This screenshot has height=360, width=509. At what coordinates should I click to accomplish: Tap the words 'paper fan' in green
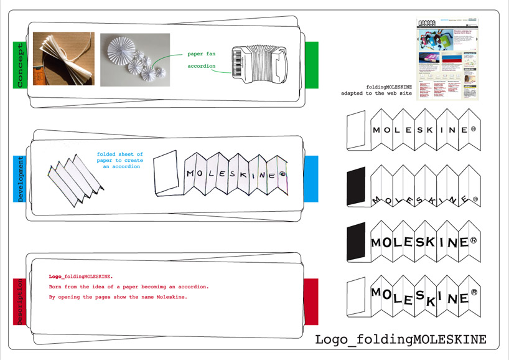click(x=201, y=54)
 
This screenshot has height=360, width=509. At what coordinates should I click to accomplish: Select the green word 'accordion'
click(x=202, y=66)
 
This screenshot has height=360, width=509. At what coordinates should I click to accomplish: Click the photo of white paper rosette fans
click(x=135, y=59)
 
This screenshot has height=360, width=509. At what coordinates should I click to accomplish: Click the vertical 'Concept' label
click(x=19, y=64)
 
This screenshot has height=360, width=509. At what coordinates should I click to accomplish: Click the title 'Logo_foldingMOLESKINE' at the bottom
click(x=401, y=339)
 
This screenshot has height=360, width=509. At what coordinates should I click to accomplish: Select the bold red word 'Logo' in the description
click(x=55, y=275)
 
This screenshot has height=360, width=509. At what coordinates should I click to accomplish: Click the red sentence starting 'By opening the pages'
click(x=118, y=296)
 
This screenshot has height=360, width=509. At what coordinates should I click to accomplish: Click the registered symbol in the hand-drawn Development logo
click(x=283, y=175)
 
